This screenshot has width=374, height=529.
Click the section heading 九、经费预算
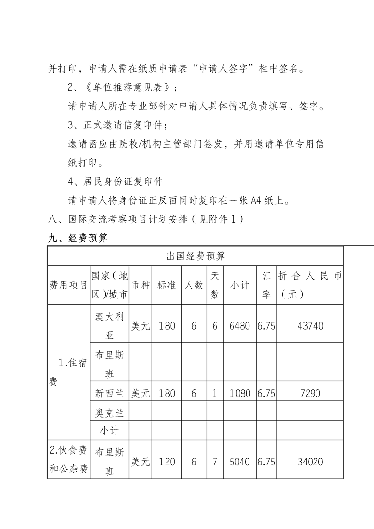point(78,238)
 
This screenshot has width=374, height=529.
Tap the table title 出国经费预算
point(195,256)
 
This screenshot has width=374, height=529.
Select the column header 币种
point(140,285)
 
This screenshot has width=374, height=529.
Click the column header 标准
point(167,285)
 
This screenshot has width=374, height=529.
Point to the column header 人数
point(194,285)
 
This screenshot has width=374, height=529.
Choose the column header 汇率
point(266,285)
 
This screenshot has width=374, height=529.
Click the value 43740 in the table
point(310,325)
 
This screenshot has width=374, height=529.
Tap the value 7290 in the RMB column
point(310,393)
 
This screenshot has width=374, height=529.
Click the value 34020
point(310,462)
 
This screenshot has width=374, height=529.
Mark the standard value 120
point(167,462)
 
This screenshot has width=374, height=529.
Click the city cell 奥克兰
point(109,413)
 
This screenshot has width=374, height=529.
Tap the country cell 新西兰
point(109,393)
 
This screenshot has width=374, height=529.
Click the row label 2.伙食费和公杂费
point(69,461)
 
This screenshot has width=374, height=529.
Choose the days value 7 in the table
point(215,462)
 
